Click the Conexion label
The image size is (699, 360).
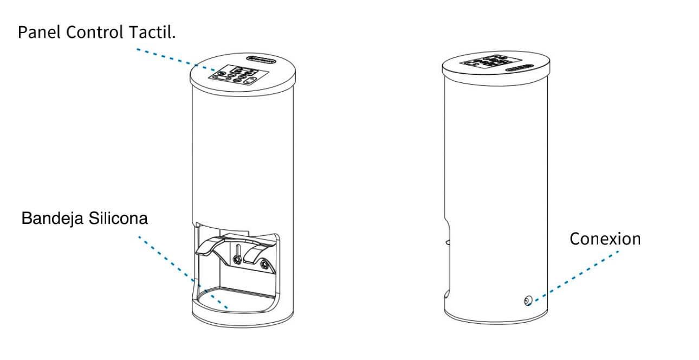[x=604, y=239]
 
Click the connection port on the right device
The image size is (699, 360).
[x=527, y=301]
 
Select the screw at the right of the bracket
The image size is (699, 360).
[x=264, y=264]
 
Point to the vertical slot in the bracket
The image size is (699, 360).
[x=237, y=248]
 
